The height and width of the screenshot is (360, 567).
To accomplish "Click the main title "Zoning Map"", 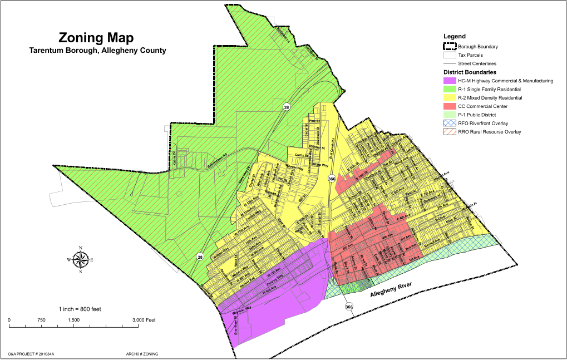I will (x=96, y=38).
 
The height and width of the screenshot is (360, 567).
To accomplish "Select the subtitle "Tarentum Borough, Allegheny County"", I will (x=97, y=51).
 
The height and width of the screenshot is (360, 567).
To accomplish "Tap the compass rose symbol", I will (x=81, y=259).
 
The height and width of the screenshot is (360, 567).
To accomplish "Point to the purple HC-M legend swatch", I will (x=450, y=81).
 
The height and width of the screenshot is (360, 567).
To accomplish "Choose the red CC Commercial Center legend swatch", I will (x=450, y=106).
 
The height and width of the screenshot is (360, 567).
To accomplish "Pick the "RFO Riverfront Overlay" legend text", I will (x=483, y=124).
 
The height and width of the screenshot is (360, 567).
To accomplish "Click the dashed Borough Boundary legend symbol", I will (x=450, y=47).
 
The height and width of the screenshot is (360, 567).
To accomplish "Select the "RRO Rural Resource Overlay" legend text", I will (x=490, y=132).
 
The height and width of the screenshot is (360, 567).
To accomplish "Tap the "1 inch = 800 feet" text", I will (x=80, y=309).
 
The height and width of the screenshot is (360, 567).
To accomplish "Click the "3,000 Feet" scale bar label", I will (x=144, y=320).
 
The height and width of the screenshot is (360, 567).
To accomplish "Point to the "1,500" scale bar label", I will (x=73, y=320).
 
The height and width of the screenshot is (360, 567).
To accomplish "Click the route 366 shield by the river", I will (x=349, y=307).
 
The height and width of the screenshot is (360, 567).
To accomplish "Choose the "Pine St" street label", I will (x=315, y=121).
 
